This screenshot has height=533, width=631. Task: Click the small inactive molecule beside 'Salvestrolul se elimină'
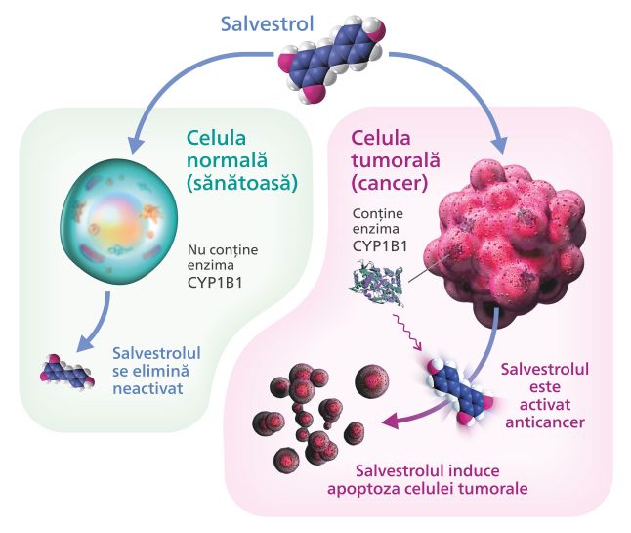click(67, 371)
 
